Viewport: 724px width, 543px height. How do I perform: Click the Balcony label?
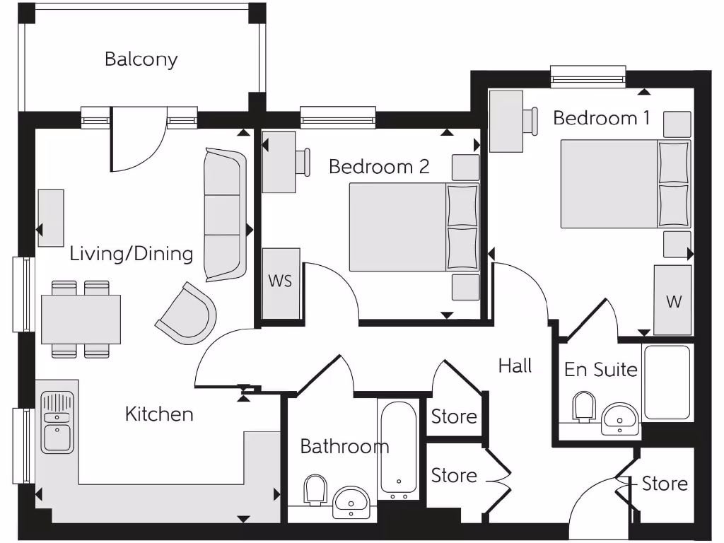point(141,59)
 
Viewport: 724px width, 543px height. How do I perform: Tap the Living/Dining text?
point(131,253)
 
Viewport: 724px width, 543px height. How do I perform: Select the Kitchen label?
point(159,414)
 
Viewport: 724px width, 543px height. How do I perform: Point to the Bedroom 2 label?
point(379,167)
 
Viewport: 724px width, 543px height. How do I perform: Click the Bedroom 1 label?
point(601,117)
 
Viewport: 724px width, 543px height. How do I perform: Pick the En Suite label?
point(600,369)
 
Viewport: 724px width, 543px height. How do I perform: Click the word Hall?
point(515,366)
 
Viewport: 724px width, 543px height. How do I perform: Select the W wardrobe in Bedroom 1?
point(673,300)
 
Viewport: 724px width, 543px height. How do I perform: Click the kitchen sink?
point(57,423)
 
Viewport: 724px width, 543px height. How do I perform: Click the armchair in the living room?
point(186,313)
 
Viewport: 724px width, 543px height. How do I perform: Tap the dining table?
point(76,319)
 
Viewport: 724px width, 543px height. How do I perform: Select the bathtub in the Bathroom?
point(398,448)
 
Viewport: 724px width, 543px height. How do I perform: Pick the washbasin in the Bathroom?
point(350,501)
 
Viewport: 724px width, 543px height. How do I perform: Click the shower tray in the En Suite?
point(666,383)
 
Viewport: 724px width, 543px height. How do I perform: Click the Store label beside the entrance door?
point(665,484)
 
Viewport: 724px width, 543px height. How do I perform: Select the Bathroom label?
point(344,447)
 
